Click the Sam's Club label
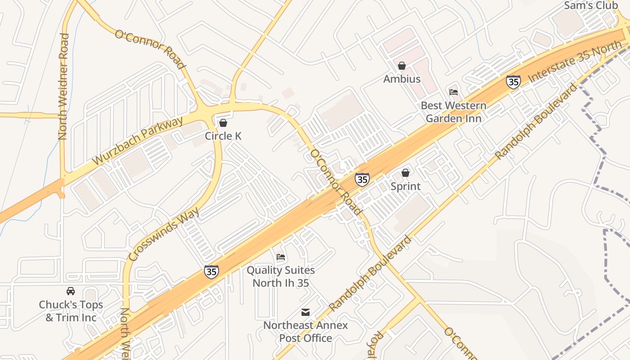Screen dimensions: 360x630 [x=591, y=6]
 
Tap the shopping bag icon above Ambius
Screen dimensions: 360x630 [x=402, y=66]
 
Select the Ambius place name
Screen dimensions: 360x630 [x=402, y=79]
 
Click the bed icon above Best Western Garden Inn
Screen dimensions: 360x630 [x=454, y=92]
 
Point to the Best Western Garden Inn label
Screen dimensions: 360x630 [x=454, y=112]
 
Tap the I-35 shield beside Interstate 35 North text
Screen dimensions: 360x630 [x=513, y=82]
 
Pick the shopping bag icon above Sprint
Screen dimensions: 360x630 [x=405, y=173]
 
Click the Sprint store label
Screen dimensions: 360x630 [x=405, y=186]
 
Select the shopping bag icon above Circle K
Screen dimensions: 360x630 [x=223, y=123]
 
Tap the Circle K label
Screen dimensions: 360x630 [x=223, y=136]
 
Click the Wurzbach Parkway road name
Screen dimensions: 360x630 [x=138, y=140]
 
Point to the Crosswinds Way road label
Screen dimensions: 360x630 [x=163, y=234]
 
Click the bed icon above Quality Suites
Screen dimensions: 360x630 [x=281, y=257]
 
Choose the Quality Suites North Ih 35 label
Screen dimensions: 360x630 [x=281, y=276]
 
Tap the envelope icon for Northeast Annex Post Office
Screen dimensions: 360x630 [x=306, y=312]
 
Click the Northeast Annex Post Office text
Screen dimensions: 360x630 [x=306, y=332]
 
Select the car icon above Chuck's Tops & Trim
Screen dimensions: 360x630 [x=71, y=291]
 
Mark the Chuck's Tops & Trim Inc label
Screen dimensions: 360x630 [x=71, y=311]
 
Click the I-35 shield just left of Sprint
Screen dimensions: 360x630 [x=362, y=180]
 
